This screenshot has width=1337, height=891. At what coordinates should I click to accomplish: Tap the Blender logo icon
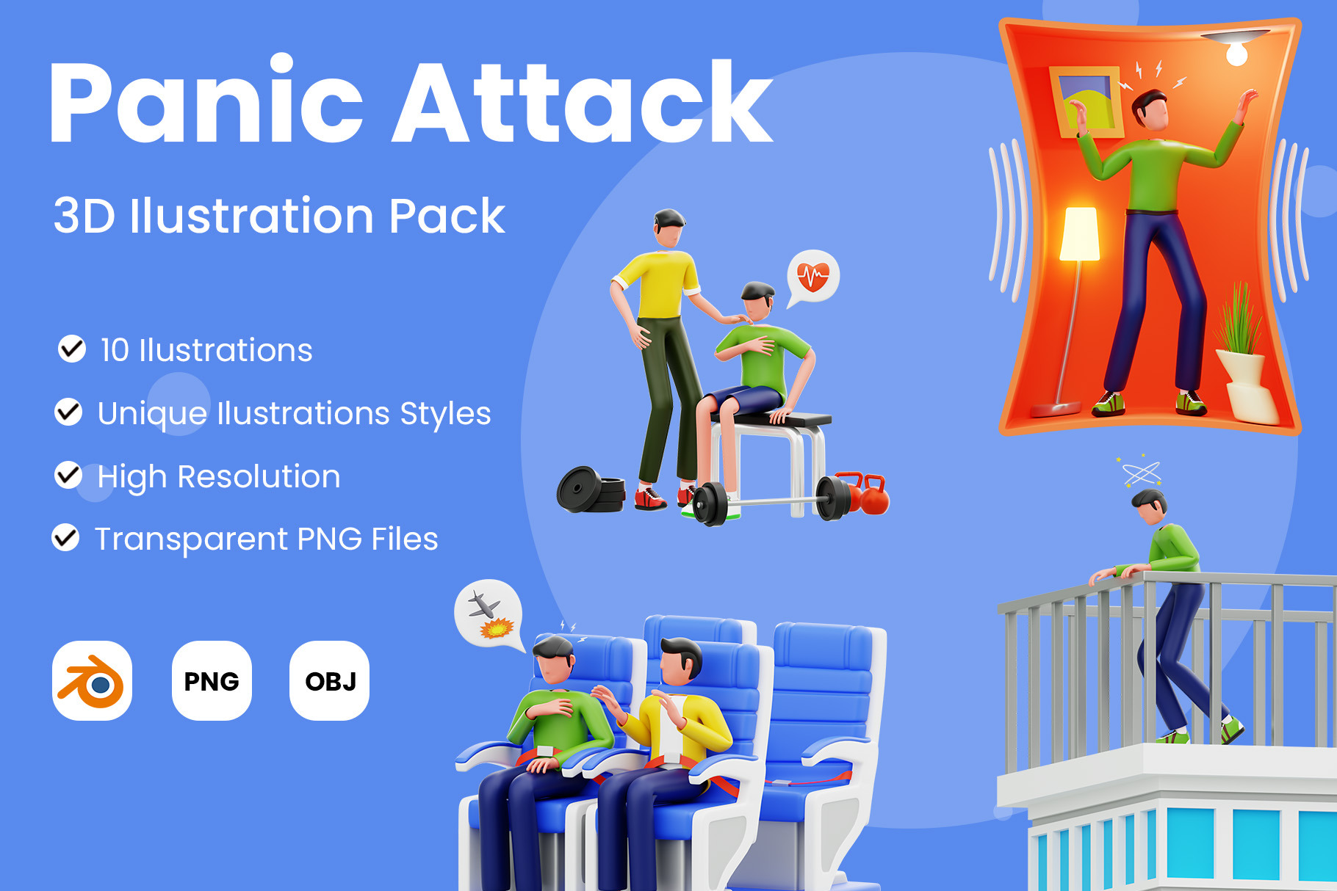tap(92, 680)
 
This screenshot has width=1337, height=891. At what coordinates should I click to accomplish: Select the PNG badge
tap(212, 680)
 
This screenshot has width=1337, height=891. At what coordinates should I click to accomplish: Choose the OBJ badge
tap(330, 680)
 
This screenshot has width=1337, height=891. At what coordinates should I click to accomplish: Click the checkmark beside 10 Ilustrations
tap(72, 349)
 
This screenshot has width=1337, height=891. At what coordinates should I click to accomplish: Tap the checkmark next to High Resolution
tap(68, 475)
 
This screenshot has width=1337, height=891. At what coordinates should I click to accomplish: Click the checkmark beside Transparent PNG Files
tap(65, 537)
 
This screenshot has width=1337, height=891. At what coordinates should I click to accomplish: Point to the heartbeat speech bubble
tap(812, 278)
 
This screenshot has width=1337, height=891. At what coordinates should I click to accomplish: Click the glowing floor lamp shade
tap(1080, 233)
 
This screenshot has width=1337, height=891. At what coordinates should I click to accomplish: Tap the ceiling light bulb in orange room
tap(1237, 51)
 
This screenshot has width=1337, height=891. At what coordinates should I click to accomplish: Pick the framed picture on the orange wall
tap(1086, 101)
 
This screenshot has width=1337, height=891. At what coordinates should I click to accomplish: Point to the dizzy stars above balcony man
tap(1141, 472)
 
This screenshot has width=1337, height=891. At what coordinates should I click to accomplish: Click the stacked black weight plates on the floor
tap(591, 490)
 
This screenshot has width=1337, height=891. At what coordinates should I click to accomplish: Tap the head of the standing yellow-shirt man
tap(670, 228)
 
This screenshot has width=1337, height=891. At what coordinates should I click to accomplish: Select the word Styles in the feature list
tap(445, 414)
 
